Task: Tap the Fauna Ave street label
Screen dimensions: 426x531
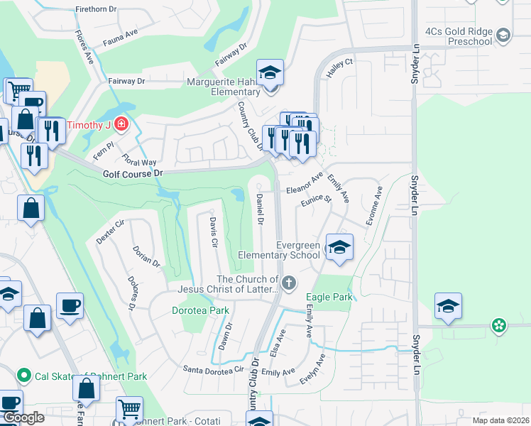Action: [x=120, y=33]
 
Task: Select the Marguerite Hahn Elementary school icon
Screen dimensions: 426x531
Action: [x=270, y=74]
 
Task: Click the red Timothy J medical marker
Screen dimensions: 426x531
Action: [x=121, y=126]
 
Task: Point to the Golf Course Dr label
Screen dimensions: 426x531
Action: [x=133, y=173]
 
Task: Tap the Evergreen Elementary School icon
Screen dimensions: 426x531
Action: [x=339, y=248]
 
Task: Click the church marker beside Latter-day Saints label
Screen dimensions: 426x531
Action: [x=288, y=283]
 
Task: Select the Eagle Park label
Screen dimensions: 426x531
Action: [x=329, y=297]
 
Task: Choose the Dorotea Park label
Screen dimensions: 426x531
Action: [x=201, y=310]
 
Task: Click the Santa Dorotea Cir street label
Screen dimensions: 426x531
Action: [x=213, y=369]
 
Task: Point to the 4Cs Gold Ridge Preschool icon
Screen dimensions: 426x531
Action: [x=503, y=35]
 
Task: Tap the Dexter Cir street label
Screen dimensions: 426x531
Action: [x=110, y=231]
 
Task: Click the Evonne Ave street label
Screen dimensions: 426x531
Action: [x=373, y=206]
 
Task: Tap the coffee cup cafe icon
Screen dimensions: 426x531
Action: [x=70, y=305]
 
